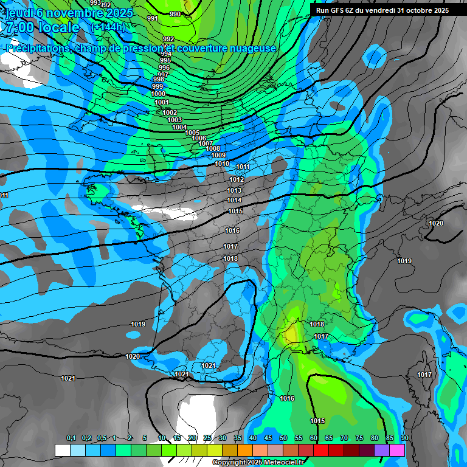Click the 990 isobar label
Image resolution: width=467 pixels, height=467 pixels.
click(175, 14)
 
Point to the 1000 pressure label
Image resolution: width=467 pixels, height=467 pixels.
click(158, 94)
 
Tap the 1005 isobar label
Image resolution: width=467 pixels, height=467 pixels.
click(192, 133)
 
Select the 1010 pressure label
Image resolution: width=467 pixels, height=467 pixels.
click(222, 164)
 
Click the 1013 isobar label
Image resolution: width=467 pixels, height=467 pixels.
click(234, 190)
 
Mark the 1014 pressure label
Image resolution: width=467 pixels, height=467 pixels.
click(234, 200)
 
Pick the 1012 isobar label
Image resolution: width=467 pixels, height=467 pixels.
click(237, 179)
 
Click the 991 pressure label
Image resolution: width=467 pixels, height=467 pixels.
click(153, 19)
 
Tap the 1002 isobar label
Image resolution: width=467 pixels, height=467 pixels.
click(170, 112)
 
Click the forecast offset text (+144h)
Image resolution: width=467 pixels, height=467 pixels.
click(108, 27)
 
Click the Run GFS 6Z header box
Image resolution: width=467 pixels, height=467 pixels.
click(382, 10)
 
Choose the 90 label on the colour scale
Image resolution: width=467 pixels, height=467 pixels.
click(404, 438)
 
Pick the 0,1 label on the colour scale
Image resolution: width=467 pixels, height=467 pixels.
click(71, 438)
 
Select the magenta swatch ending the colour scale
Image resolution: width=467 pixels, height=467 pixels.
click(397, 450)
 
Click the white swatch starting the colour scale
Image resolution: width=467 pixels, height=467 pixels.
click(62, 450)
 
